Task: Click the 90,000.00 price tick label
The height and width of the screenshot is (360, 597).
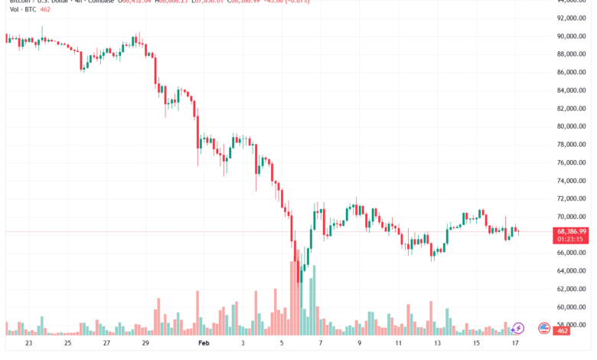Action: tap(572, 36)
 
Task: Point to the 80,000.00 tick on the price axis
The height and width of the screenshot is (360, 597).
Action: tap(572, 126)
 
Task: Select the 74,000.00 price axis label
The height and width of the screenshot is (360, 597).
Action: tap(572, 181)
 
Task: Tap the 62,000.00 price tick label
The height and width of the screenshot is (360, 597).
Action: tap(572, 289)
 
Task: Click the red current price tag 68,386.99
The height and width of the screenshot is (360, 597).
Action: tap(572, 231)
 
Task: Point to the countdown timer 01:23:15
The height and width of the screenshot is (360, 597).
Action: tap(572, 239)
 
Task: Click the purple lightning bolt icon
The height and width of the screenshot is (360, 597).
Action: tap(518, 328)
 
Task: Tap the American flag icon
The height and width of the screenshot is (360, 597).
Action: tap(544, 328)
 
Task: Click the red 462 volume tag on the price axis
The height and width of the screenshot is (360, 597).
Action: tap(563, 331)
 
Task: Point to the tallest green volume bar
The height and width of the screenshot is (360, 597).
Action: tap(301, 303)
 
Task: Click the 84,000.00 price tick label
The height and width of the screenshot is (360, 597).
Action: tap(572, 90)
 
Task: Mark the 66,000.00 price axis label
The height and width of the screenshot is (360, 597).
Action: tap(572, 253)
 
